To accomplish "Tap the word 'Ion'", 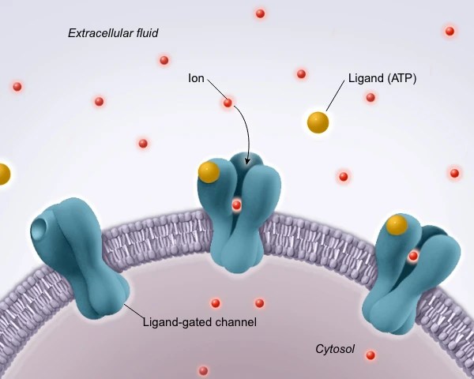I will coord(197,79).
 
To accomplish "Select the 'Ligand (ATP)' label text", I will coord(382,79).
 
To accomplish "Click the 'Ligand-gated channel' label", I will coord(200,322).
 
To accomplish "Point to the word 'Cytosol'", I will coord(335,348).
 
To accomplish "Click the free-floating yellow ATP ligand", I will coord(318,122).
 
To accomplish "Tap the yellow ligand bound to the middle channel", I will coord(209,171).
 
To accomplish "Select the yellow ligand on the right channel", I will coord(396,225).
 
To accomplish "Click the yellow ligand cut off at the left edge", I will coord(2,173).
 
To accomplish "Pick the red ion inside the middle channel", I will coord(236,205).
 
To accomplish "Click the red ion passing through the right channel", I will coord(413,256).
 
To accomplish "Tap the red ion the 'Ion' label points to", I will coord(228,103).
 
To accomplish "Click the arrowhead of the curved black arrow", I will coord(248,162).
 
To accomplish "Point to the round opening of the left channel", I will coord(39,230).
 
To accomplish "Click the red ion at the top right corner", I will coord(450,32).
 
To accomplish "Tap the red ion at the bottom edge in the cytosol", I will coord(203,370).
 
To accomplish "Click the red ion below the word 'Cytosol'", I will coord(370,355).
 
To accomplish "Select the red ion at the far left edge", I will coord(17,87).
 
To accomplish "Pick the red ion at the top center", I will coord(260,13).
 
